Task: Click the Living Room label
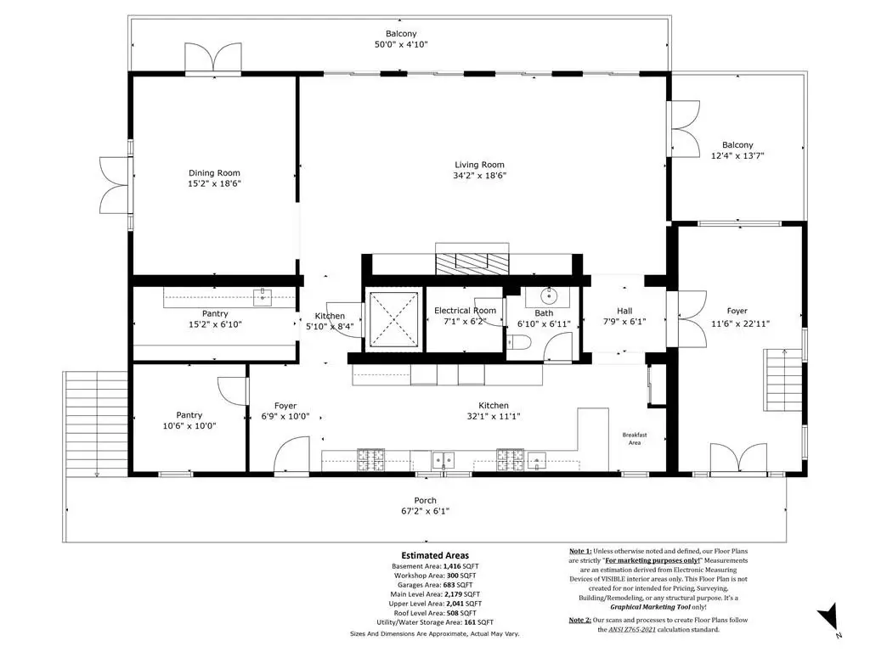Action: tap(479, 165)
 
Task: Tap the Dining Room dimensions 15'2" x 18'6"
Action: tap(214, 183)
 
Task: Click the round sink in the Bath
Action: tap(549, 296)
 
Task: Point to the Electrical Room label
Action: tap(465, 311)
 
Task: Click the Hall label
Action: tap(624, 311)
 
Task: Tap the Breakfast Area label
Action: tap(635, 439)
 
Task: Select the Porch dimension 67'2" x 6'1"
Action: tap(425, 511)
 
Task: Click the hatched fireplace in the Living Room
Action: tap(472, 263)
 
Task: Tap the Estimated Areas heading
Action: tap(435, 555)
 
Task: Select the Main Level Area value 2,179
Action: tap(455, 594)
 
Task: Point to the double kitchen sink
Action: tap(443, 459)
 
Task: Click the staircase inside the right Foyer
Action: tap(782, 379)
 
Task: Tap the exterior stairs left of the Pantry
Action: tap(96, 424)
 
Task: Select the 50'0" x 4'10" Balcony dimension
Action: tap(401, 44)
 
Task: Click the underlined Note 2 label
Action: tap(579, 620)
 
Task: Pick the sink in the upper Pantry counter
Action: tap(262, 296)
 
